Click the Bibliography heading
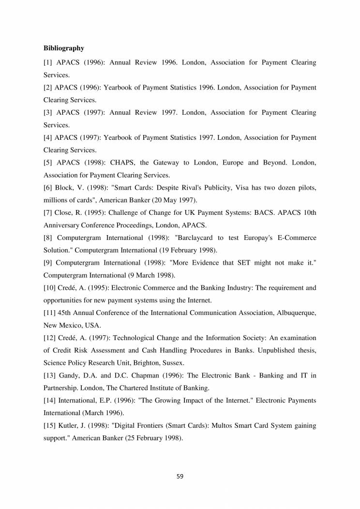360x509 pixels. point(64,48)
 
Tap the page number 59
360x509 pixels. point(180,476)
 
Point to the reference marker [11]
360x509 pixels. point(50,313)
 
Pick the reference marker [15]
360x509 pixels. point(50,425)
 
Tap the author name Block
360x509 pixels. point(67,187)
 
